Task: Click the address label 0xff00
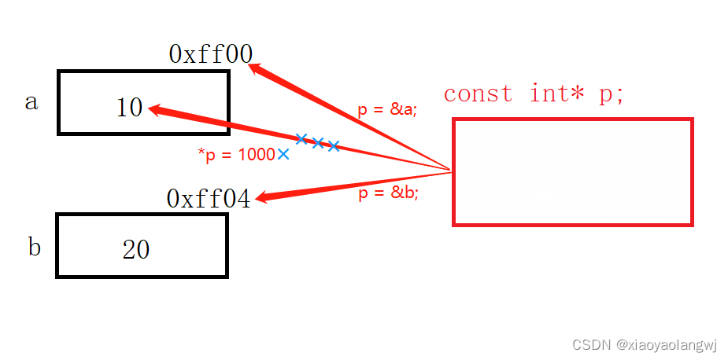(210, 53)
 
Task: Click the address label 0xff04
(209, 199)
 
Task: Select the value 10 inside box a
(129, 107)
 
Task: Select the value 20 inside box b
(135, 249)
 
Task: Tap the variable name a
(31, 102)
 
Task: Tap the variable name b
(34, 248)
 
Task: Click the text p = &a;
(387, 110)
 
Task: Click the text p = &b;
(388, 194)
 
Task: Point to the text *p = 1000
(235, 155)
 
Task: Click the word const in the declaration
(478, 94)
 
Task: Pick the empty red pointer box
(572, 172)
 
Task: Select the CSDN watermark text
(592, 344)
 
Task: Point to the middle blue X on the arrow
(318, 142)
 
